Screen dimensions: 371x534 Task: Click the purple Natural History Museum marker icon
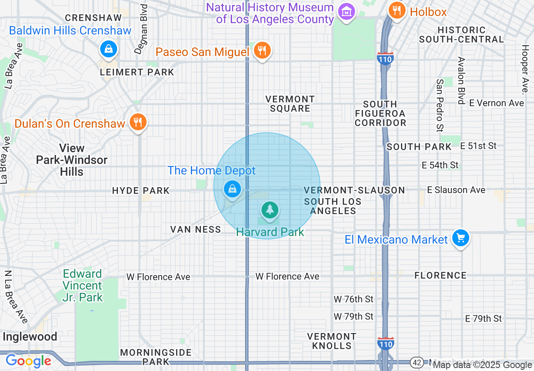pos(346,12)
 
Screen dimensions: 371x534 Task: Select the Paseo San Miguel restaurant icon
pos(262,51)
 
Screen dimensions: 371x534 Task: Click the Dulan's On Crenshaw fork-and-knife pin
pos(137,122)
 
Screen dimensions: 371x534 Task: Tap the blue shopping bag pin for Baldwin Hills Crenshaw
pos(109,49)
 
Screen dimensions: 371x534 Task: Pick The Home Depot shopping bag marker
pos(232,189)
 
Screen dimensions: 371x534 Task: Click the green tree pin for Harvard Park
pos(270,209)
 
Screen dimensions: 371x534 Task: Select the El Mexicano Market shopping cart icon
pos(460,238)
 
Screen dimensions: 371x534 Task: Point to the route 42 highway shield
pos(417,362)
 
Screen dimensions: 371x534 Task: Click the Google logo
pos(28,361)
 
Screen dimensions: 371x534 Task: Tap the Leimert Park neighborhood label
pos(137,72)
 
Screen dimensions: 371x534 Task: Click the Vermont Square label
pos(290,104)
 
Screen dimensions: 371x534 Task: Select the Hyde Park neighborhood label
pos(141,191)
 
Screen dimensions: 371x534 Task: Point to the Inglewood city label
pos(29,336)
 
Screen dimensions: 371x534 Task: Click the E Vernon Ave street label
pos(497,103)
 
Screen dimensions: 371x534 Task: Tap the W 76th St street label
pos(353,299)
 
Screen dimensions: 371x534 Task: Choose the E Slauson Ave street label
pos(456,190)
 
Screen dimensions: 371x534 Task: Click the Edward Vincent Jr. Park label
pos(83,285)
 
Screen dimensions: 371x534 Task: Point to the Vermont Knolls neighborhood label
pos(332,341)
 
